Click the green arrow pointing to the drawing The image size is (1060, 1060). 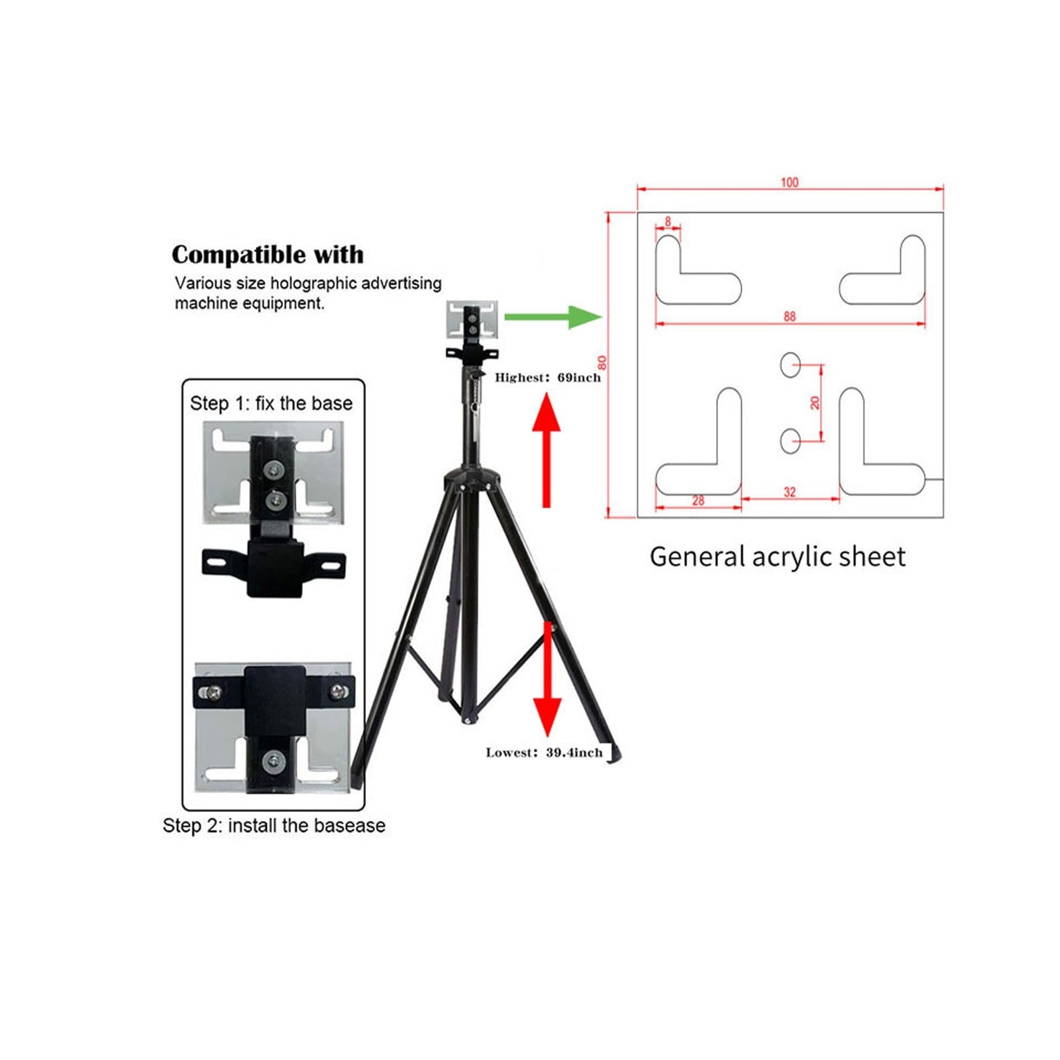coord(553,317)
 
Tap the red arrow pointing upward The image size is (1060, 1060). coord(547,450)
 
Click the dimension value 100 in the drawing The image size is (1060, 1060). coord(789,182)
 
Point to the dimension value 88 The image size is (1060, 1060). coord(789,317)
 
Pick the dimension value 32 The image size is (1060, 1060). coord(789,492)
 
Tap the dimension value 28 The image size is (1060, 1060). coord(698,501)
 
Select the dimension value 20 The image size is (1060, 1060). coord(815,402)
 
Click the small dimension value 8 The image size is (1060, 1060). coord(668,221)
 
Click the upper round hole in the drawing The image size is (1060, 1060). coord(790,364)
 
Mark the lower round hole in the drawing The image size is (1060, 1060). coord(790,441)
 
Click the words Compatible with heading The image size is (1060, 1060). coord(268,255)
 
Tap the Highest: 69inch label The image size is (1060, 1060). coord(547,378)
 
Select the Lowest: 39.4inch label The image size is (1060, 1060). coord(544,753)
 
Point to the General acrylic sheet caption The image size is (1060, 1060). coord(777,556)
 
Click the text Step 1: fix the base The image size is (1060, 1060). coord(271,403)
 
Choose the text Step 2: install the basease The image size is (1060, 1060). coord(274,825)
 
